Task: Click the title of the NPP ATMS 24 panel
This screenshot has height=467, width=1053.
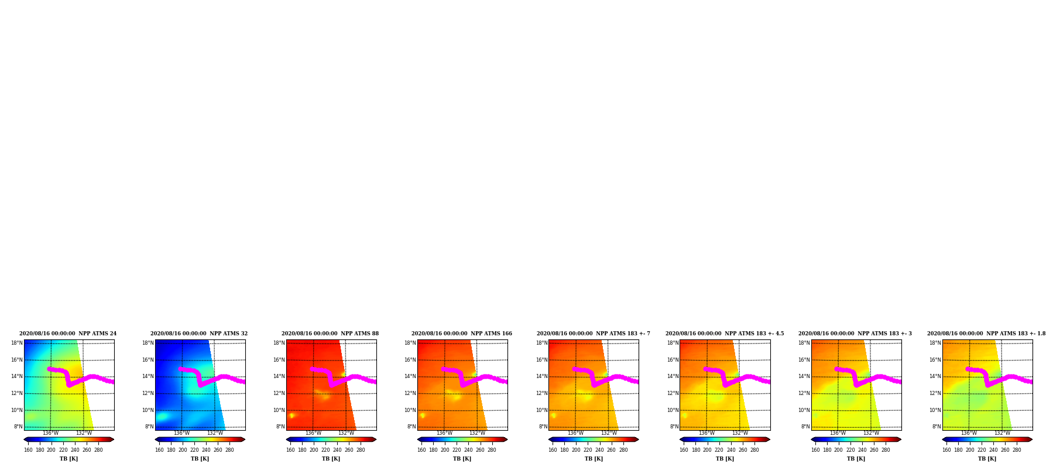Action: [x=68, y=334]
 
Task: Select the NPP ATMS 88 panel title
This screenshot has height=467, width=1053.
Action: [x=330, y=334]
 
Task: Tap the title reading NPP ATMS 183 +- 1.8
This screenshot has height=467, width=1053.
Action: [x=986, y=334]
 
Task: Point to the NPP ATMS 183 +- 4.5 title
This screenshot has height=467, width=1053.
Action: [x=725, y=334]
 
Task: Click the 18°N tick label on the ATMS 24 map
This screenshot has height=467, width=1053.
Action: [x=17, y=344]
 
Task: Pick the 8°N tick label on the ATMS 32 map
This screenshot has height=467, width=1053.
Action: [x=149, y=427]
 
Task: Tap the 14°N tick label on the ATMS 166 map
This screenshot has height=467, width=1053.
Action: [x=410, y=377]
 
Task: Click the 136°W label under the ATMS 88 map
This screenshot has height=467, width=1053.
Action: [x=313, y=434]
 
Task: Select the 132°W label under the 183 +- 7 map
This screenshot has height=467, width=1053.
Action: [x=609, y=434]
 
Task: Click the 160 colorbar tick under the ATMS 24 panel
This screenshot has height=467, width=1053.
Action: [x=28, y=450]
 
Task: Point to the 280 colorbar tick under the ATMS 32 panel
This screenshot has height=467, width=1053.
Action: [x=229, y=450]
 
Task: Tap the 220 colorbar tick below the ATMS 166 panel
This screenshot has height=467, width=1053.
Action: [x=457, y=450]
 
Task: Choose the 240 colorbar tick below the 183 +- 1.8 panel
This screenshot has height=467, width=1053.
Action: [x=993, y=450]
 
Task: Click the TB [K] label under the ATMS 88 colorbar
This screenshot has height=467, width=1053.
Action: [x=331, y=459]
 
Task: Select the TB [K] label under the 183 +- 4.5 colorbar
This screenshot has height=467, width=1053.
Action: [x=725, y=459]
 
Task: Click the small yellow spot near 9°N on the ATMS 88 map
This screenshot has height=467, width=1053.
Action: [x=291, y=416]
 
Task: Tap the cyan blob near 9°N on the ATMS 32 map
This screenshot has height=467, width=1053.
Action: [x=162, y=417]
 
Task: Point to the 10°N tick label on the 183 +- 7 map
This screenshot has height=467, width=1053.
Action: [x=541, y=411]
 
